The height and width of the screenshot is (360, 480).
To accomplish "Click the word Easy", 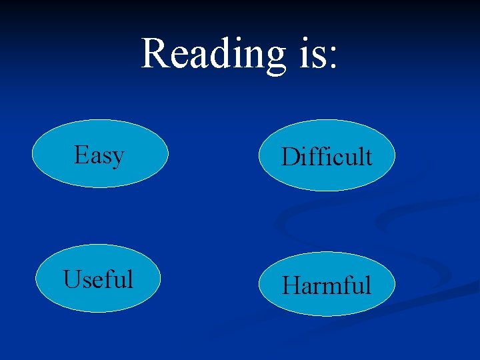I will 99,155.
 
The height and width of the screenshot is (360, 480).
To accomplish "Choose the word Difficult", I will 327,157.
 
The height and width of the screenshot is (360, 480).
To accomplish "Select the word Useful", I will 98,279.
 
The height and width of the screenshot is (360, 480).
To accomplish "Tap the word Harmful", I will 326,285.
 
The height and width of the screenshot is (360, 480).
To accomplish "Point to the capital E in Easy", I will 82,155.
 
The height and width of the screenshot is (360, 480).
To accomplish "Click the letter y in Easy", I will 118,159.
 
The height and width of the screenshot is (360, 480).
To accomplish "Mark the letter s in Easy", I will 107,157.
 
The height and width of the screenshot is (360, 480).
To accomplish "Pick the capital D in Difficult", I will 290,157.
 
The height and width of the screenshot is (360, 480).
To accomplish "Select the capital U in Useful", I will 72,279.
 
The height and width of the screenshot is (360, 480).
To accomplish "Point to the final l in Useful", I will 130,278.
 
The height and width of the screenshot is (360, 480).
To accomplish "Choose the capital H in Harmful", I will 291,285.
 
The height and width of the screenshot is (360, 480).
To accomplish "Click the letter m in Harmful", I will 331,287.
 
